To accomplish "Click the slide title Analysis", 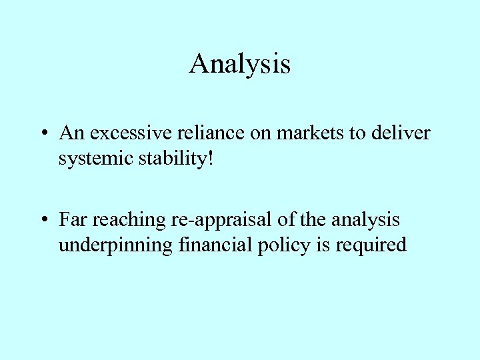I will (x=240, y=64).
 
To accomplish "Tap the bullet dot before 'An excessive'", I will (x=42, y=134).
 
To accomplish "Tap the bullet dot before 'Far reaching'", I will (x=42, y=219).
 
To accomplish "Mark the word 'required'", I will (x=371, y=246).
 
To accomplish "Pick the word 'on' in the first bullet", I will (x=259, y=134).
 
